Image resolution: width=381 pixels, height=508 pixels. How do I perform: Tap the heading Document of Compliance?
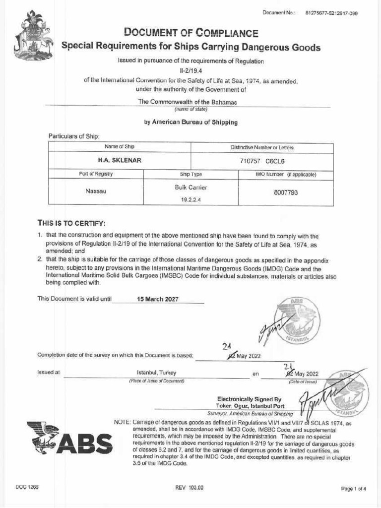[191, 33]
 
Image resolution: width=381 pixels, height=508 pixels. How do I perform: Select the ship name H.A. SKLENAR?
[119, 161]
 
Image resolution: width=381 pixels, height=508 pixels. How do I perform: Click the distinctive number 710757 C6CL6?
[262, 161]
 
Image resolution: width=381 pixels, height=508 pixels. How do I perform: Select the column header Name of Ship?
[119, 147]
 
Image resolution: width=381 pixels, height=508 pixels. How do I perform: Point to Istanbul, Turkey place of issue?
[156, 373]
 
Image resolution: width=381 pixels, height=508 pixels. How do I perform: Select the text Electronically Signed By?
[249, 398]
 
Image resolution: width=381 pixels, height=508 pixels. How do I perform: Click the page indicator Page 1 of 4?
[353, 489]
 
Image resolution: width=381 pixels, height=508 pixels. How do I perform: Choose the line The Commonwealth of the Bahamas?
[187, 101]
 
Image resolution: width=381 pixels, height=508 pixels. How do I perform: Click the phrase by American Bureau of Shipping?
[190, 122]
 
